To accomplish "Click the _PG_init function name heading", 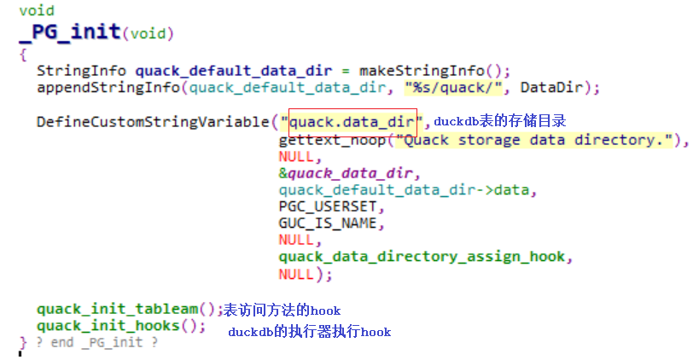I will [70, 33].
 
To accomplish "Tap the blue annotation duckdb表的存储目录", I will [500, 122].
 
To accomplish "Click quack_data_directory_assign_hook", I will [422, 257].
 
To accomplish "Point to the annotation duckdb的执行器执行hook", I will [309, 331].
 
